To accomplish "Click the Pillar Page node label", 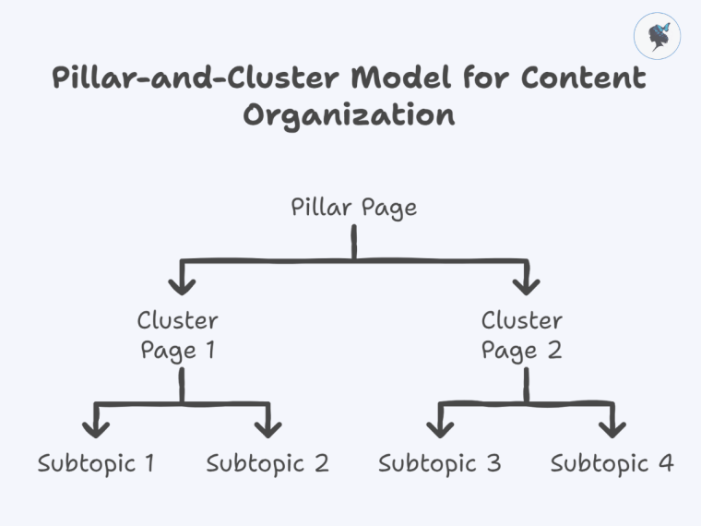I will pyautogui.click(x=353, y=208).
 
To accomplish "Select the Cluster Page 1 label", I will pyautogui.click(x=178, y=335).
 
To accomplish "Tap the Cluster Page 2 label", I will pyautogui.click(x=521, y=335).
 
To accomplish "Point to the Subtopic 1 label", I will pyautogui.click(x=96, y=463).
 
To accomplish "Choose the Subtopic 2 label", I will pyautogui.click(x=267, y=463).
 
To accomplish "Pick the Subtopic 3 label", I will pyautogui.click(x=439, y=463).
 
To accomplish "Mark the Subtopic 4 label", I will pyautogui.click(x=612, y=463).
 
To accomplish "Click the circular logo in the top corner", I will pyautogui.click(x=658, y=38).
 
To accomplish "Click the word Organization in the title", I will pyautogui.click(x=349, y=117).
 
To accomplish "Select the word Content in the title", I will pyautogui.click(x=583, y=78).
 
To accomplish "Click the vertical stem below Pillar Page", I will pyautogui.click(x=354, y=244).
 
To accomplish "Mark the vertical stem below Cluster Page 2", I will pyautogui.click(x=527, y=385).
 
